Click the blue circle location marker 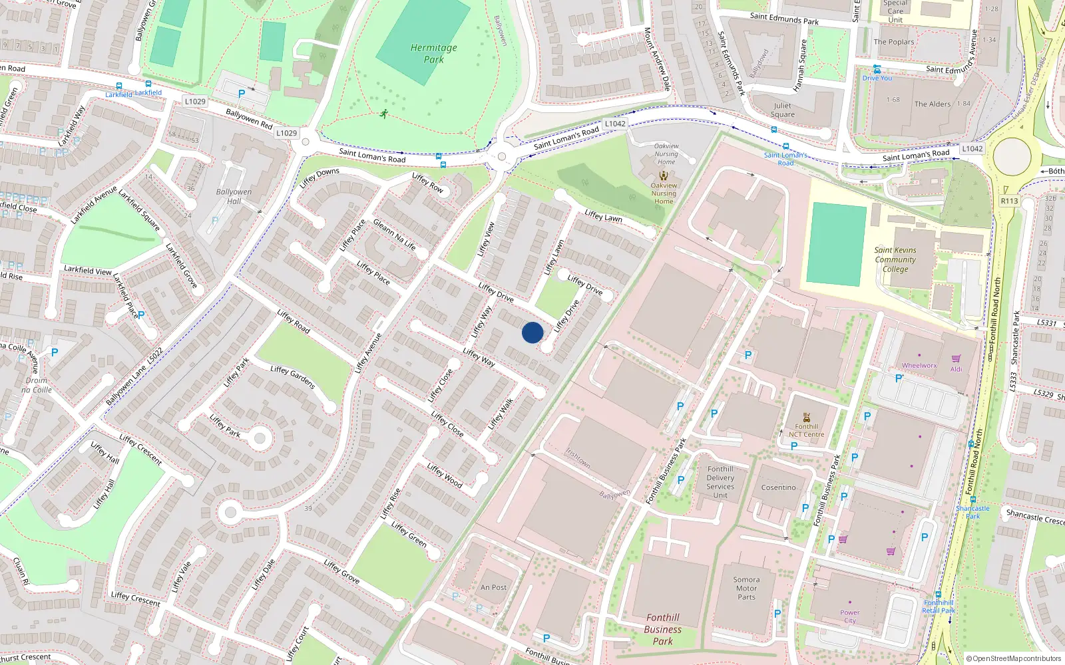coord(532,332)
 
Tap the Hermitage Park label coord(433,53)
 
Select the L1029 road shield coord(287,133)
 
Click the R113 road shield coord(1009,201)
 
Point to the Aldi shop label coord(956,369)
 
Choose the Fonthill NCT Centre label coord(806,430)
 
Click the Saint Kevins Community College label coord(895,259)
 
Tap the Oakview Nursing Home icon coord(663,176)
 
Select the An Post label coord(493,587)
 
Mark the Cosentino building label coord(778,487)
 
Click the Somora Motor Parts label coord(746,588)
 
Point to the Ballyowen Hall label coord(234,196)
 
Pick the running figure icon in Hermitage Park coord(384,114)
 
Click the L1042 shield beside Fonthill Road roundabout coord(972,149)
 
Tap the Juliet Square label coord(783,110)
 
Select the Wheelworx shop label coord(919,365)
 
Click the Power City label coord(849,616)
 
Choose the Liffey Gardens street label coord(293,377)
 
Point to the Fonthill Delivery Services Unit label coord(720,481)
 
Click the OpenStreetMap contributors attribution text coord(1014,658)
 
